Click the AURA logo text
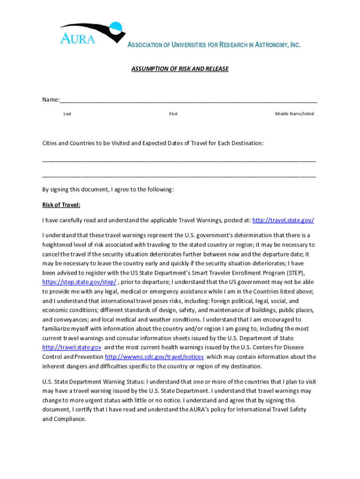pos(77,38)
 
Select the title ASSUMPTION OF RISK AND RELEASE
pos(180,69)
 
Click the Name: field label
pos(51,100)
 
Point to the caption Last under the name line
pos(67,114)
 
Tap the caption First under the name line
pos(173,114)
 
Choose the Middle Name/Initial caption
pos(294,114)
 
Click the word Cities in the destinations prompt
pos(50,143)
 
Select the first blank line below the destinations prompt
pos(179,160)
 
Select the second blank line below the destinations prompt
pos(179,176)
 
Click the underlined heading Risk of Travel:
pos(61,205)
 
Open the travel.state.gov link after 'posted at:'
pos(283,220)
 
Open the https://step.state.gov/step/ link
pos(79,282)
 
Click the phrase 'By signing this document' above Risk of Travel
pos(75,189)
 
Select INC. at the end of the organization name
pos(294,45)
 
